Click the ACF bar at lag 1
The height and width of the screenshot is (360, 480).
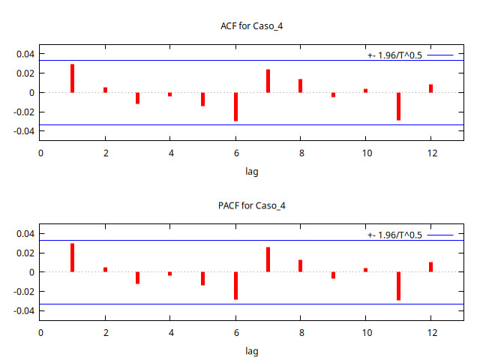pyautogui.click(x=73, y=79)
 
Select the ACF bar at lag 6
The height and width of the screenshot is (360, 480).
pyautogui.click(x=235, y=106)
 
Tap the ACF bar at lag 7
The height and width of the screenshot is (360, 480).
pyautogui.click(x=268, y=81)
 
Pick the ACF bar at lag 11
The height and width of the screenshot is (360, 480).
pyautogui.click(x=398, y=106)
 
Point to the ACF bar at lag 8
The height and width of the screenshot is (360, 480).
pyautogui.click(x=300, y=85)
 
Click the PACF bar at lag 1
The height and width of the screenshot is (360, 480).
pyautogui.click(x=73, y=258)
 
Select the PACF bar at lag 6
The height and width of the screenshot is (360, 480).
pyautogui.click(x=235, y=285)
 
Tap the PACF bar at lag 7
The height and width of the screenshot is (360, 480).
pyautogui.click(x=268, y=259)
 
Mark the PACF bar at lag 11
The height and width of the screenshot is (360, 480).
pyautogui.click(x=398, y=286)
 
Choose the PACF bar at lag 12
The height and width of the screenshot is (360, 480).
pyautogui.click(x=430, y=267)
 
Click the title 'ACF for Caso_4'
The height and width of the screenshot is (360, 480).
pyautogui.click(x=252, y=26)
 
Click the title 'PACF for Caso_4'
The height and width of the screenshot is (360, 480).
pyautogui.click(x=252, y=205)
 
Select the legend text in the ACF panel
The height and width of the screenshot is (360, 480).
pyautogui.click(x=394, y=55)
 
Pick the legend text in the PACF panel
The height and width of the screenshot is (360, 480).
pyautogui.click(x=394, y=235)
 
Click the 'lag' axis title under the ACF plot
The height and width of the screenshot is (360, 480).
pyautogui.click(x=252, y=171)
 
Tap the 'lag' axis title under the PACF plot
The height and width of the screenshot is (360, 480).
pyautogui.click(x=252, y=350)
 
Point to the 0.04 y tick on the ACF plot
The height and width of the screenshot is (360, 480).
pyautogui.click(x=25, y=54)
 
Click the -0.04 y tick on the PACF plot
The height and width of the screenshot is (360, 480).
pyautogui.click(x=24, y=310)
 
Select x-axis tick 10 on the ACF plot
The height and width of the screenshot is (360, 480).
pyautogui.click(x=366, y=154)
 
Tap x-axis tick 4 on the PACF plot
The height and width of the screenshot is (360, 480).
pyautogui.click(x=170, y=333)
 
